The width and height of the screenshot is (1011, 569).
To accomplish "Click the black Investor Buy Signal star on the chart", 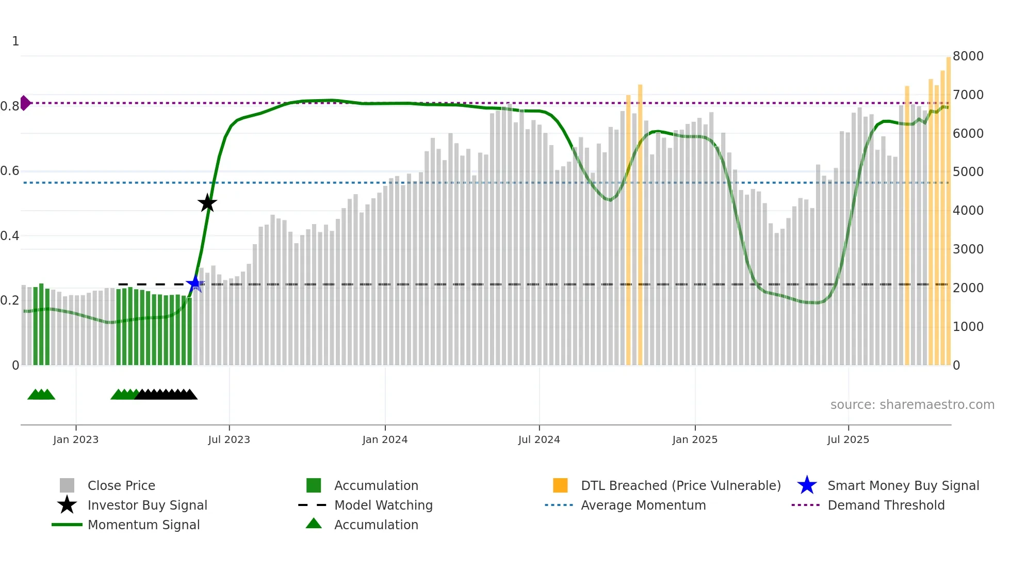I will pyautogui.click(x=207, y=203).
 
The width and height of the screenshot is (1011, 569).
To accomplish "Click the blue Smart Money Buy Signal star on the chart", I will pyautogui.click(x=194, y=284).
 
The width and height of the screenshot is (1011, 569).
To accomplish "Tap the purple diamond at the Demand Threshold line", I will pyautogui.click(x=25, y=103).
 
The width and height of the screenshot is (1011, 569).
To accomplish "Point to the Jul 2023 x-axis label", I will pyautogui.click(x=229, y=439).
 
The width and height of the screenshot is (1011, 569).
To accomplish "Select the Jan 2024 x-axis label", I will pyautogui.click(x=385, y=439).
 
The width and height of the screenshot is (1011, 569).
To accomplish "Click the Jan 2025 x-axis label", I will pyautogui.click(x=695, y=439).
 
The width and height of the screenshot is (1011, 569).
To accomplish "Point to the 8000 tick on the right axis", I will pyautogui.click(x=968, y=56).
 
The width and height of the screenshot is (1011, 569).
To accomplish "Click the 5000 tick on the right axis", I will pyautogui.click(x=968, y=171).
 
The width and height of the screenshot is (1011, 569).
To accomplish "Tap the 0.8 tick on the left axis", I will pyautogui.click(x=10, y=106).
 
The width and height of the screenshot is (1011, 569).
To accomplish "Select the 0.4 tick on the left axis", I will pyautogui.click(x=10, y=236).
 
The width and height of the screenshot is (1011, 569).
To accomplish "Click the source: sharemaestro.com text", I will pyautogui.click(x=912, y=404).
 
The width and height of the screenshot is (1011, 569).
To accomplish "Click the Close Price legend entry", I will pyautogui.click(x=121, y=485).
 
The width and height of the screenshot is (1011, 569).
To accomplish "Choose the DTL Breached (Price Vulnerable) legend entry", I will pyautogui.click(x=680, y=485).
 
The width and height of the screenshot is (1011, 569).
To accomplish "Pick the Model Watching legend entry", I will pyautogui.click(x=383, y=505).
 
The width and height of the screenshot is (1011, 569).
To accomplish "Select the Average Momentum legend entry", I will pyautogui.click(x=643, y=505).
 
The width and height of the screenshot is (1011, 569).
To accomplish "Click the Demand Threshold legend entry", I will pyautogui.click(x=886, y=505).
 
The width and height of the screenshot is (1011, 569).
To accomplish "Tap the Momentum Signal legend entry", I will pyautogui.click(x=143, y=525).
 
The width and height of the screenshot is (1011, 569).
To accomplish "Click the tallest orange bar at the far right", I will pyautogui.click(x=949, y=207).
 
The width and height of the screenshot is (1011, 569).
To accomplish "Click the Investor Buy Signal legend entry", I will pyautogui.click(x=147, y=505).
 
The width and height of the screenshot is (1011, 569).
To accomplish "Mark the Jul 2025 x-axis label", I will pyautogui.click(x=848, y=439).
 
